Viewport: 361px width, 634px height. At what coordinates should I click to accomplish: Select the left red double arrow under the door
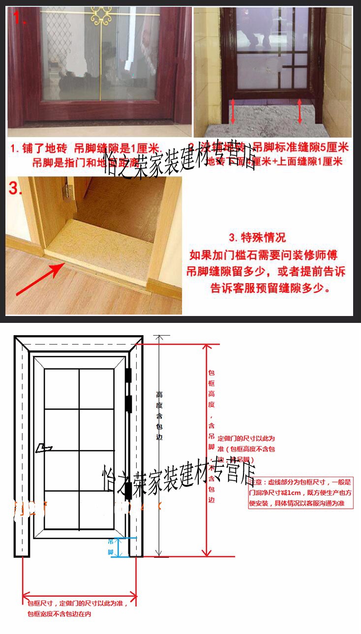(233, 111)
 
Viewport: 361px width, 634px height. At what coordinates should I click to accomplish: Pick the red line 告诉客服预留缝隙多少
(270, 288)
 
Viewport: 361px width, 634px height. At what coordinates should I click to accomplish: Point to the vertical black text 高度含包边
(159, 415)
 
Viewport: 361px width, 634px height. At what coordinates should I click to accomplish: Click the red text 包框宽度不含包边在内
(60, 614)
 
